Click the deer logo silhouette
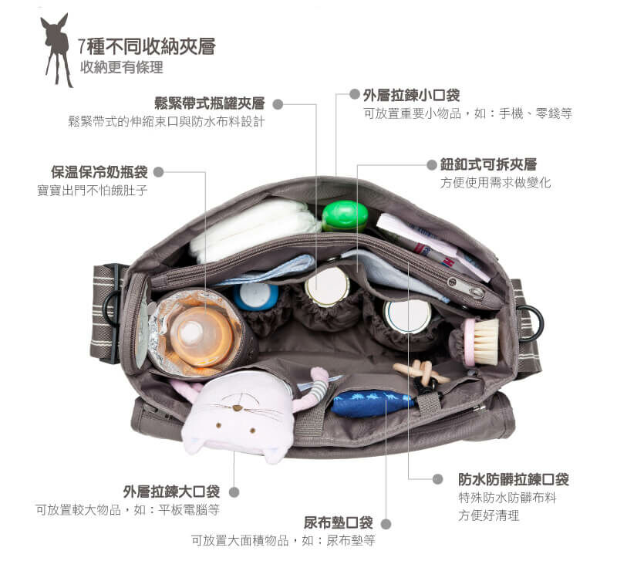57,48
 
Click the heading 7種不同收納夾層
147,46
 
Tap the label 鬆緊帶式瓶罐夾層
209,103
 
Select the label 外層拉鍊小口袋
411,95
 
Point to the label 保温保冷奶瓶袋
99,171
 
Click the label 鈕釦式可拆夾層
488,164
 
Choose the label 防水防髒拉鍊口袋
513,479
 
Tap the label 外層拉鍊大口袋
171,492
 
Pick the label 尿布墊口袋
338,522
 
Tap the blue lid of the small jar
255,296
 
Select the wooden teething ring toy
420,373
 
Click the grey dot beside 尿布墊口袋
386,523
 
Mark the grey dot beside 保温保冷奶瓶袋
160,172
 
